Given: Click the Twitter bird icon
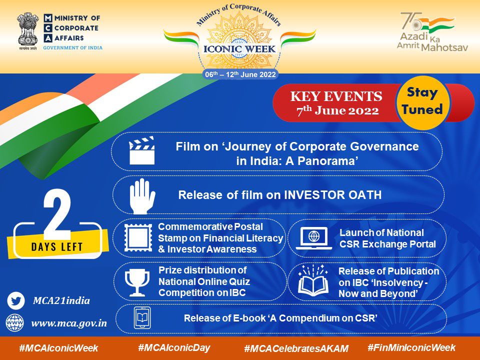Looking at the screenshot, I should (16, 301).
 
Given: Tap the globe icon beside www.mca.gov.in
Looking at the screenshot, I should (15, 322).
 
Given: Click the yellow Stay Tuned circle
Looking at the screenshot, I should (422, 101).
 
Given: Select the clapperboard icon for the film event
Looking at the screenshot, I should (141, 151).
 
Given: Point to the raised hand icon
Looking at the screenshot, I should (142, 195).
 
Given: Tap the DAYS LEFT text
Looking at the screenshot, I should (57, 246).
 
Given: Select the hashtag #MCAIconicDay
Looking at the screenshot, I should (174, 347).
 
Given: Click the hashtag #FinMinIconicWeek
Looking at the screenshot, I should (411, 347).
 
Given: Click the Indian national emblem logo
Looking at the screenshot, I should (28, 30).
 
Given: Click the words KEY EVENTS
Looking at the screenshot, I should (336, 96).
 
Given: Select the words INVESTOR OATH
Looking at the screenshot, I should (333, 195).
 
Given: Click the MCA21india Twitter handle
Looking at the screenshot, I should (61, 301).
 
